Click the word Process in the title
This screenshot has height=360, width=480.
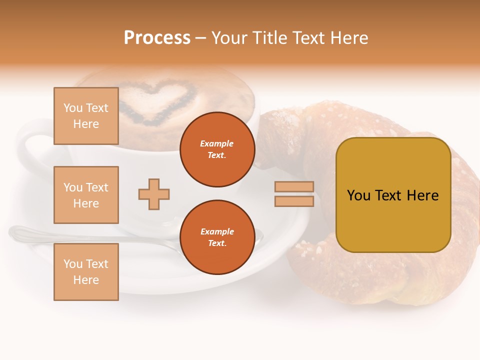tap(157, 38)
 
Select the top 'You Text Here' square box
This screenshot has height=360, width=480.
tap(86, 116)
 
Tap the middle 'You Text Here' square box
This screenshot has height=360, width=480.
tap(86, 195)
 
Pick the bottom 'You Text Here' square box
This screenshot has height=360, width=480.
tap(86, 272)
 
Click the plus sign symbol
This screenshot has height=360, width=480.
tap(154, 194)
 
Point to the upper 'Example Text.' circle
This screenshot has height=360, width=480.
tap(217, 149)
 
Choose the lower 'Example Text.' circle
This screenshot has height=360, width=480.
tap(217, 237)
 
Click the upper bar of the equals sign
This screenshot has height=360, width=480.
tap(294, 186)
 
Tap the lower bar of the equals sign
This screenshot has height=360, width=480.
tap(294, 201)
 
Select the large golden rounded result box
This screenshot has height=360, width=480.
tap(393, 195)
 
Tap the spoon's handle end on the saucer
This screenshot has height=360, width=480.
tap(20, 232)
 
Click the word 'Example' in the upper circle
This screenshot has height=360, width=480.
tap(217, 144)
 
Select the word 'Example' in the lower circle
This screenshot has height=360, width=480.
tap(217, 232)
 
